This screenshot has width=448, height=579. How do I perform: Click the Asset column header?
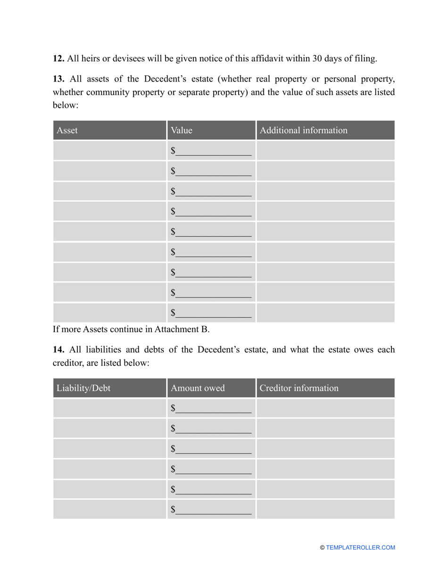pos(67,130)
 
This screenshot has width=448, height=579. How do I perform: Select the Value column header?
pos(182,130)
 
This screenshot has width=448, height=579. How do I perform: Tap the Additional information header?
pos(303,130)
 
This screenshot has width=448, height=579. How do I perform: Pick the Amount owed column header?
pos(198,388)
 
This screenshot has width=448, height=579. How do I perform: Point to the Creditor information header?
pos(299,388)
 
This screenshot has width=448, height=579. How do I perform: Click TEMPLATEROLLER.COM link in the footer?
pos(360,547)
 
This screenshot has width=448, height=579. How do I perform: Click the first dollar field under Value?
pos(211,151)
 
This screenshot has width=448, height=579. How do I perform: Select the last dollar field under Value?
pos(211,313)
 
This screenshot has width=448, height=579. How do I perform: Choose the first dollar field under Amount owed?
pos(211,408)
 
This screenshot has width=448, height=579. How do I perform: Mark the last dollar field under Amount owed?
pos(211,509)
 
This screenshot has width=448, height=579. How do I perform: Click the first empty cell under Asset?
pos(109,151)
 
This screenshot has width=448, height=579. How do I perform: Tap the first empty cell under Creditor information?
pos(325,408)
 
